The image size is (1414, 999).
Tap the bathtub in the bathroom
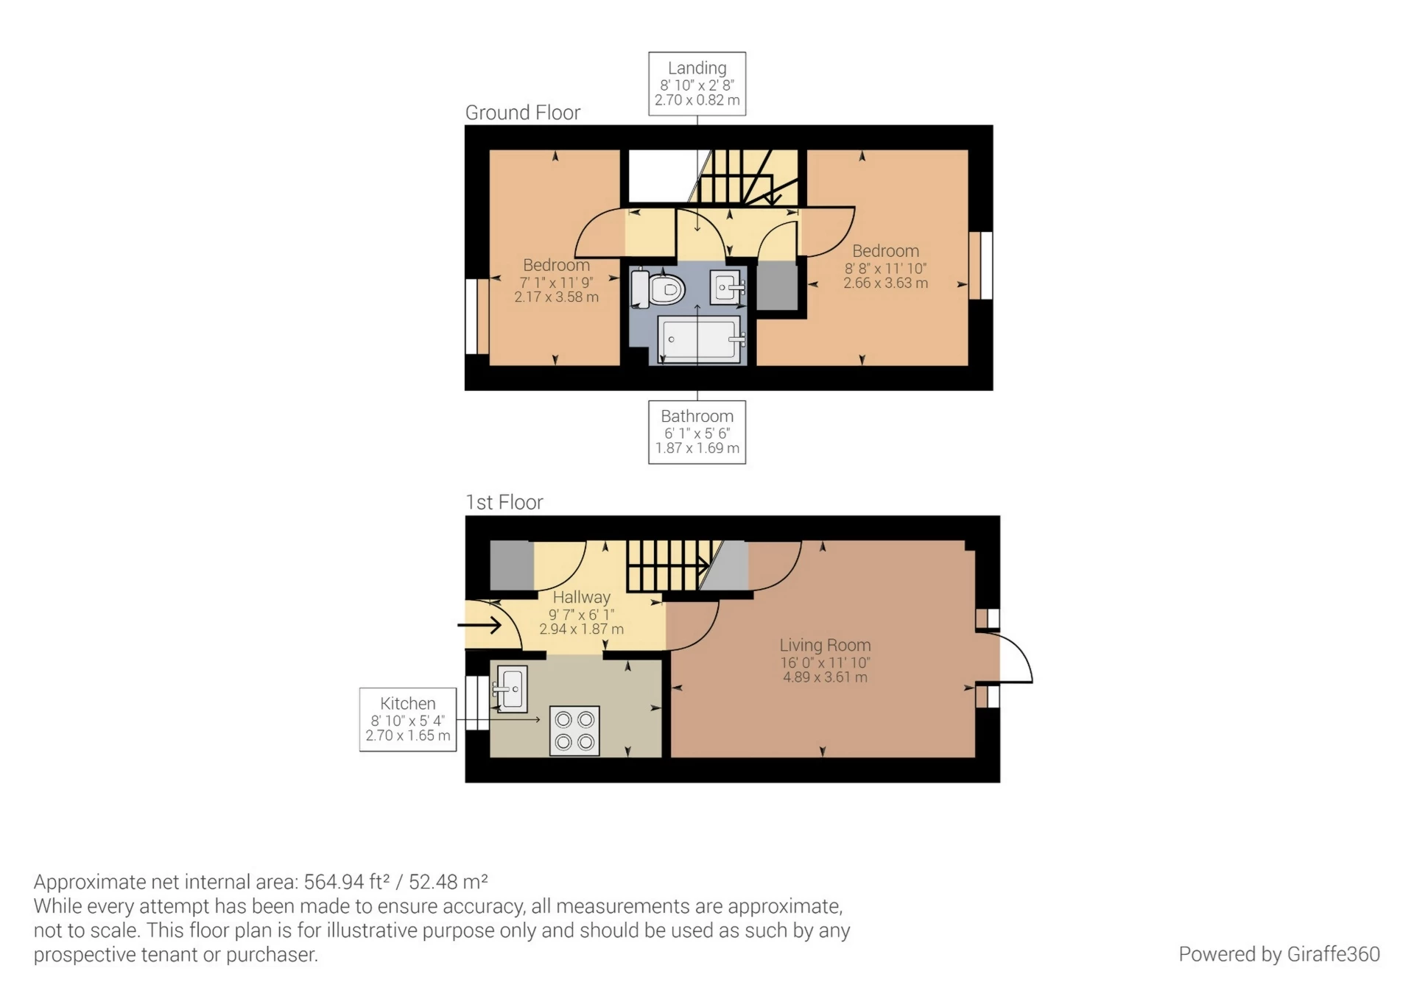pos(698,339)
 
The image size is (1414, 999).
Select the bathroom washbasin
pos(727,287)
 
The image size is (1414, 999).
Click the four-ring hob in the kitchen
pos(574,731)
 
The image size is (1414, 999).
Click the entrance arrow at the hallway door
pos(480,626)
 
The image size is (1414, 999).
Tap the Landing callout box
pos(697,84)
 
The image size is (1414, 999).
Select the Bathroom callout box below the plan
pos(697,432)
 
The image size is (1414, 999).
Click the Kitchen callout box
pos(407,719)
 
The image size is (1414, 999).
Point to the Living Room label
pos(825,645)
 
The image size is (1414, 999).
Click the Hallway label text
pos(581,597)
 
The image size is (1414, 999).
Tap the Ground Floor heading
pos(522,113)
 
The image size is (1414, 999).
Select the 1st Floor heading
pos(504,502)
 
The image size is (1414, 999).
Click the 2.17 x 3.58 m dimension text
pos(556,297)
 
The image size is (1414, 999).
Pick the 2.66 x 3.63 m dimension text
pos(885,283)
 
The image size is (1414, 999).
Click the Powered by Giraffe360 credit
pos(1279,954)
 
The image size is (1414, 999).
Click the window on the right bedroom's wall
pos(981,265)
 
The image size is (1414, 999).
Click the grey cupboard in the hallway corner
pos(511,565)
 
